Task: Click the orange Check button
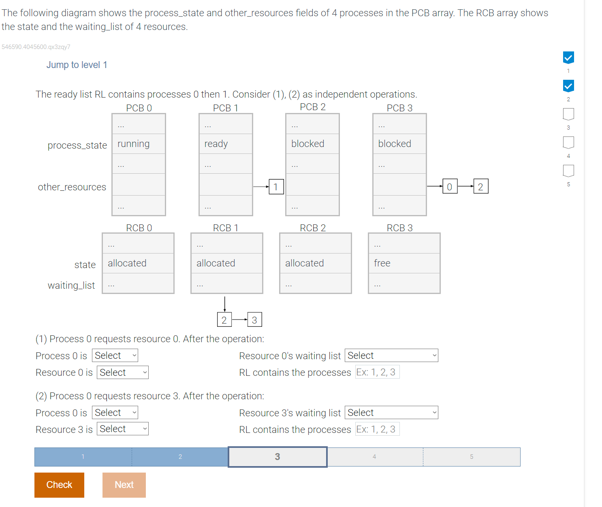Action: [59, 485]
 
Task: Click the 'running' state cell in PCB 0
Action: [139, 144]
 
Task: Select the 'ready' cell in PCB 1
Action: [226, 144]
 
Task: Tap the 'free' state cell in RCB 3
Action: [404, 263]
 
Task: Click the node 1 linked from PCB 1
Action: [276, 187]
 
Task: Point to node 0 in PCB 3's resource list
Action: [450, 187]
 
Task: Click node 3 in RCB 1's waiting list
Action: [254, 320]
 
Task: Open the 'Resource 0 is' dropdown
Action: [122, 373]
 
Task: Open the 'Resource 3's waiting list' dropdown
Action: [391, 413]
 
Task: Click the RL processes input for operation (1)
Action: [377, 372]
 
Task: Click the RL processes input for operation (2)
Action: [377, 429]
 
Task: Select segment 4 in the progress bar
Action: [375, 457]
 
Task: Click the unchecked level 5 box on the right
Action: [568, 171]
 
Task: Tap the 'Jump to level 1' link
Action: [77, 65]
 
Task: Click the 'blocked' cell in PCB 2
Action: [312, 144]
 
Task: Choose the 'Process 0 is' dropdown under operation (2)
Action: [115, 413]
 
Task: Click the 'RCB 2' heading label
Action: [313, 228]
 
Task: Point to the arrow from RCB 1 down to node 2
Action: [225, 304]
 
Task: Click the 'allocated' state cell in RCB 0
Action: [138, 263]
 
